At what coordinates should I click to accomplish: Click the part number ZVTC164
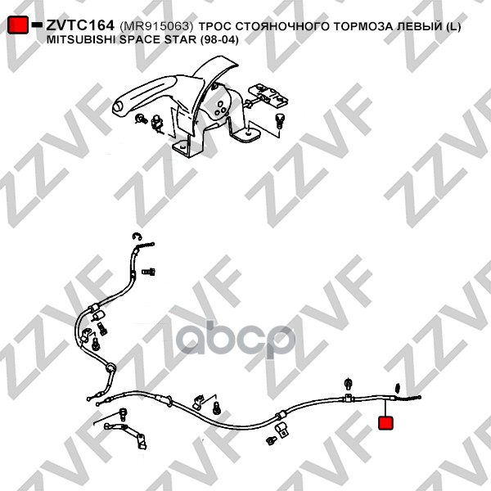click(80, 25)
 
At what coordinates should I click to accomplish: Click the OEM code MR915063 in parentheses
click(156, 27)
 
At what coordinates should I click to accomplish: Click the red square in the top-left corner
click(18, 25)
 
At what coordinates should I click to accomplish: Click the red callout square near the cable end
click(385, 423)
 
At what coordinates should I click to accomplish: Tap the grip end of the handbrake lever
click(119, 106)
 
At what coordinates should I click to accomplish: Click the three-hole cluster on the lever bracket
click(220, 108)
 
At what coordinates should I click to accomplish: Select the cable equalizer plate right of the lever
click(268, 95)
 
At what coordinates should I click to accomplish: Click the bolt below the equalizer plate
click(279, 120)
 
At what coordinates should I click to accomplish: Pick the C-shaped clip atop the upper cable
click(137, 236)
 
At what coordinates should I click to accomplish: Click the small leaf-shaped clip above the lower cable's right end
click(398, 388)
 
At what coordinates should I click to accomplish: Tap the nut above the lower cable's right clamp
click(348, 383)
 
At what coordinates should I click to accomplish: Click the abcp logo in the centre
click(235, 340)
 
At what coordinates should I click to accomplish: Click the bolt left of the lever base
click(141, 119)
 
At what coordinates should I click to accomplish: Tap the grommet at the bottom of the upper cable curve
click(110, 367)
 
